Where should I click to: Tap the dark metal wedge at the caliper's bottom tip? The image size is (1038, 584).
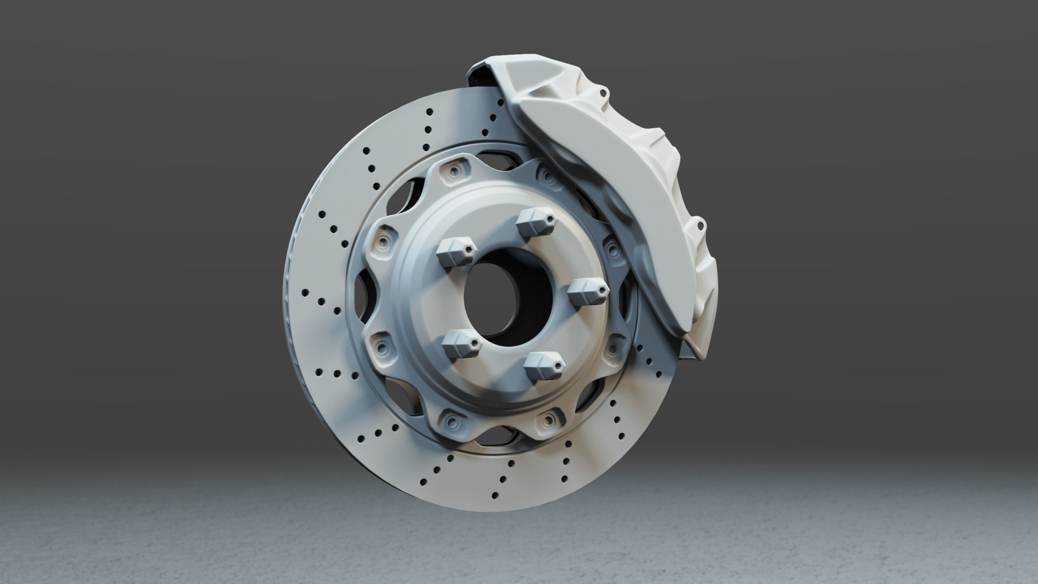coord(689,349)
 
